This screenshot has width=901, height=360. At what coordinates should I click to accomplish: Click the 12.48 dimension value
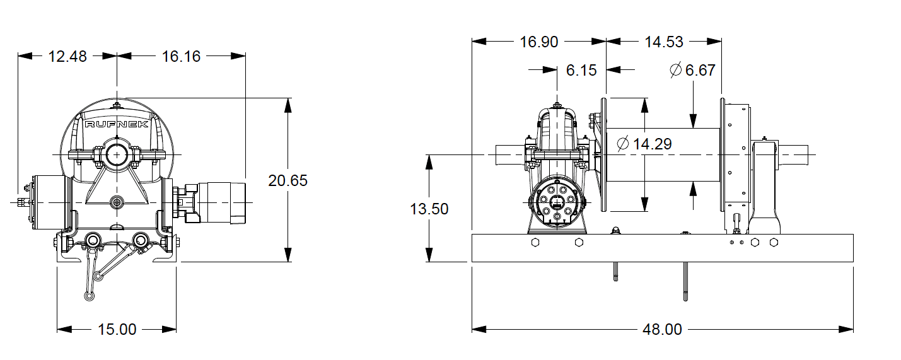click(67, 56)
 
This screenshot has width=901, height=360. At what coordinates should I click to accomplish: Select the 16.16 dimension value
click(181, 56)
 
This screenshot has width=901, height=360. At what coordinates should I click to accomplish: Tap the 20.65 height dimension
click(288, 181)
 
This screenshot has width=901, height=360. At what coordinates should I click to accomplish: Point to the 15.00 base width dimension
click(117, 329)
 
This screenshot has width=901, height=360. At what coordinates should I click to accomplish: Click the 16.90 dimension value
click(539, 42)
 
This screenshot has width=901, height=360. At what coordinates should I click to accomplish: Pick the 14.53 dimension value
click(664, 42)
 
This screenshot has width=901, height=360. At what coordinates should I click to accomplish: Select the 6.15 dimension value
click(581, 70)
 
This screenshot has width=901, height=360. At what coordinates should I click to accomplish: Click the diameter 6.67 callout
click(692, 70)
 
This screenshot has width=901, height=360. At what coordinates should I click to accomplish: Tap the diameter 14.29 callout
click(644, 144)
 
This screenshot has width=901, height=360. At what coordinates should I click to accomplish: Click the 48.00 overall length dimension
click(663, 329)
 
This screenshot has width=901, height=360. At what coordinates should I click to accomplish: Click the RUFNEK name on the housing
click(117, 124)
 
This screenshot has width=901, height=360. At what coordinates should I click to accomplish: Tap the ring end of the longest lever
click(87, 296)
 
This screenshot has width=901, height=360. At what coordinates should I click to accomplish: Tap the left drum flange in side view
click(603, 154)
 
